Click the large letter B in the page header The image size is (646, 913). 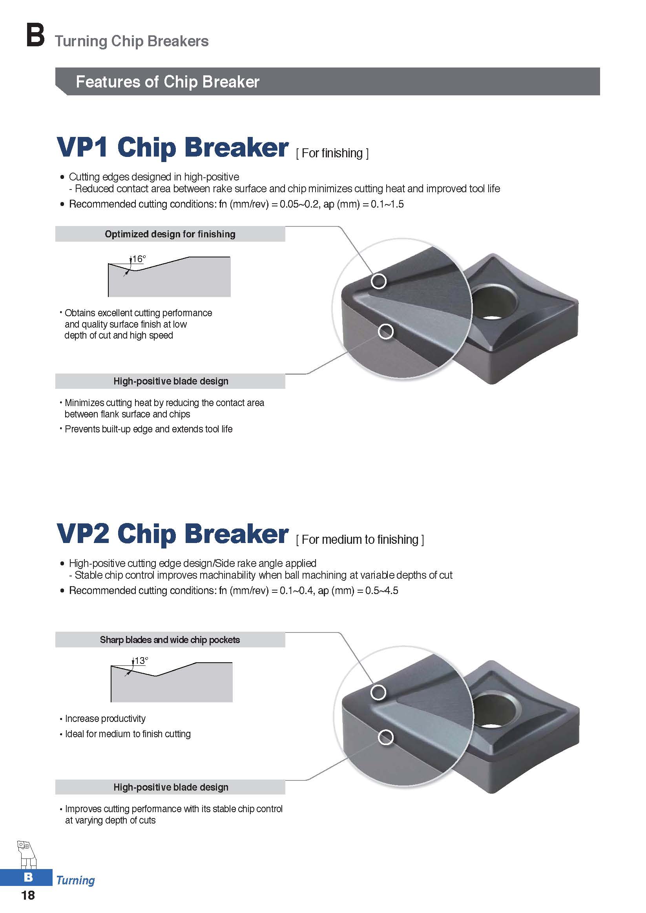click(x=35, y=36)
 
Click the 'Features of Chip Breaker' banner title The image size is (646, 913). click(x=168, y=82)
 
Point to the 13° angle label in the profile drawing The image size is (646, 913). click(x=141, y=660)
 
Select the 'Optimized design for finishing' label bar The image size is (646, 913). click(x=170, y=234)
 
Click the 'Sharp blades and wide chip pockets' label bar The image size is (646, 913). click(x=170, y=640)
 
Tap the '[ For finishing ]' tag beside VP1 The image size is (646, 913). click(x=332, y=153)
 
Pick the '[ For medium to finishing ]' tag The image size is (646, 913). click(x=360, y=539)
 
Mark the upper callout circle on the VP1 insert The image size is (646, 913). click(x=379, y=281)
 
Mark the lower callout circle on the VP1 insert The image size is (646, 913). click(x=385, y=331)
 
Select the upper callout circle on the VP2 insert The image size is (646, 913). click(x=378, y=692)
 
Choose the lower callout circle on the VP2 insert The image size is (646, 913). click(x=385, y=738)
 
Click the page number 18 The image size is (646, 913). click(x=28, y=895)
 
